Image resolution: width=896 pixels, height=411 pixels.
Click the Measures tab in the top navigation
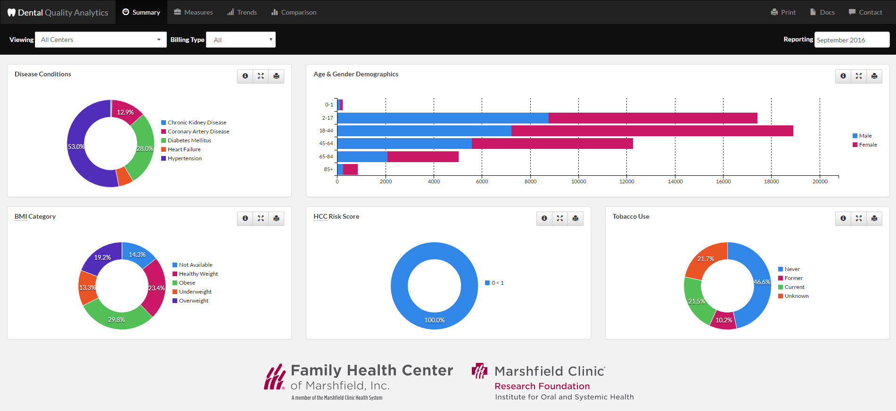193,12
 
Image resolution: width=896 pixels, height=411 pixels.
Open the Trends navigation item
242,12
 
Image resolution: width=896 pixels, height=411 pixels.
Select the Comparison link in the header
294,12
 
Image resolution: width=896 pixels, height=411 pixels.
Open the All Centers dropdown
100,40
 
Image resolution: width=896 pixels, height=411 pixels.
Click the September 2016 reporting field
852,40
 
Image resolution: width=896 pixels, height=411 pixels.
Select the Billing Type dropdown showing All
241,40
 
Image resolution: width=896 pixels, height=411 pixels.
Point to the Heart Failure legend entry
184,149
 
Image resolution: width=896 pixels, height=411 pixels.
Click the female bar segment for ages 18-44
652,131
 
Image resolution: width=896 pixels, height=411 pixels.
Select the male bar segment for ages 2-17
443,118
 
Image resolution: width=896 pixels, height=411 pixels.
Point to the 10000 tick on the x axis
578,181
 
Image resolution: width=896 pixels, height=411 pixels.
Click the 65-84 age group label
326,156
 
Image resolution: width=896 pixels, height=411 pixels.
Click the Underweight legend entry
195,292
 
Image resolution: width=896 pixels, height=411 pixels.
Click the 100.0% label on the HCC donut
434,320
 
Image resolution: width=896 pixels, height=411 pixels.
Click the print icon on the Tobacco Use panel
874,218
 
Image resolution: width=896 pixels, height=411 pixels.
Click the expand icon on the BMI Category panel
261,218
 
